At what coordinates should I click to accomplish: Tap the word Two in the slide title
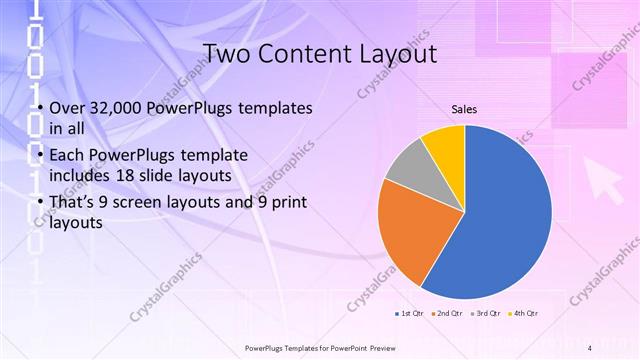(x=226, y=53)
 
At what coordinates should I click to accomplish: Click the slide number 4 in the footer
(x=590, y=348)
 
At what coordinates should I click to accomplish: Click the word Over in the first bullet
(x=66, y=108)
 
